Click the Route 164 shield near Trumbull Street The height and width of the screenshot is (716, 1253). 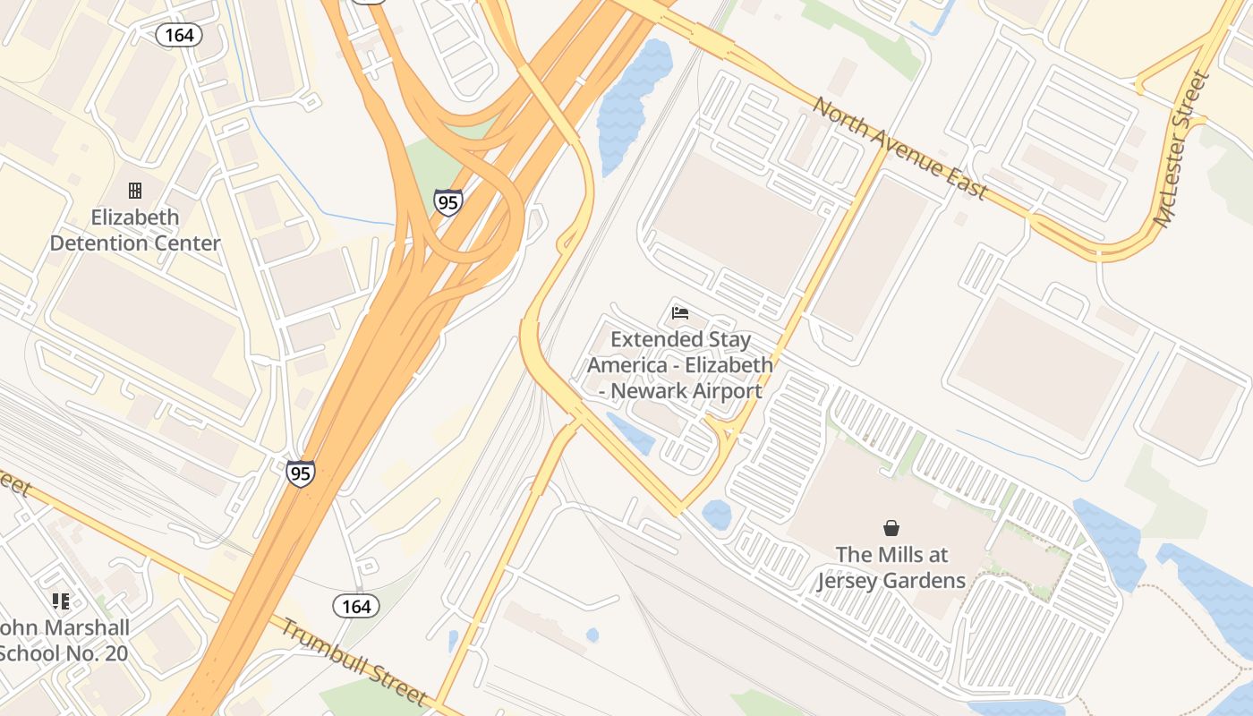click(x=356, y=606)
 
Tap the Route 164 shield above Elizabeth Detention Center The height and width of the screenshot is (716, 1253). click(x=179, y=35)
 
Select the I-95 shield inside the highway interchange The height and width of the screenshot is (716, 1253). click(x=448, y=202)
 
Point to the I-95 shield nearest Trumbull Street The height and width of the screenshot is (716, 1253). click(x=301, y=473)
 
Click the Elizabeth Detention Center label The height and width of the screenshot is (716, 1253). click(x=135, y=230)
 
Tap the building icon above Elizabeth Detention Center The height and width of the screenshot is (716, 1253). click(x=135, y=190)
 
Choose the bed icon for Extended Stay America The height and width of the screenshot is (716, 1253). click(x=680, y=313)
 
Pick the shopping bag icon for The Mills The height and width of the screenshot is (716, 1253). click(x=891, y=528)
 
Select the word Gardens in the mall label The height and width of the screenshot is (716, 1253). click(x=923, y=581)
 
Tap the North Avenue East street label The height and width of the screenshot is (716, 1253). click(x=900, y=149)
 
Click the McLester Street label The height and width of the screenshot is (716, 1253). click(x=1182, y=149)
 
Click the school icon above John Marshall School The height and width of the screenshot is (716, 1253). click(x=61, y=601)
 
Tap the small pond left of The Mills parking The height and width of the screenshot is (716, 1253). click(x=716, y=515)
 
